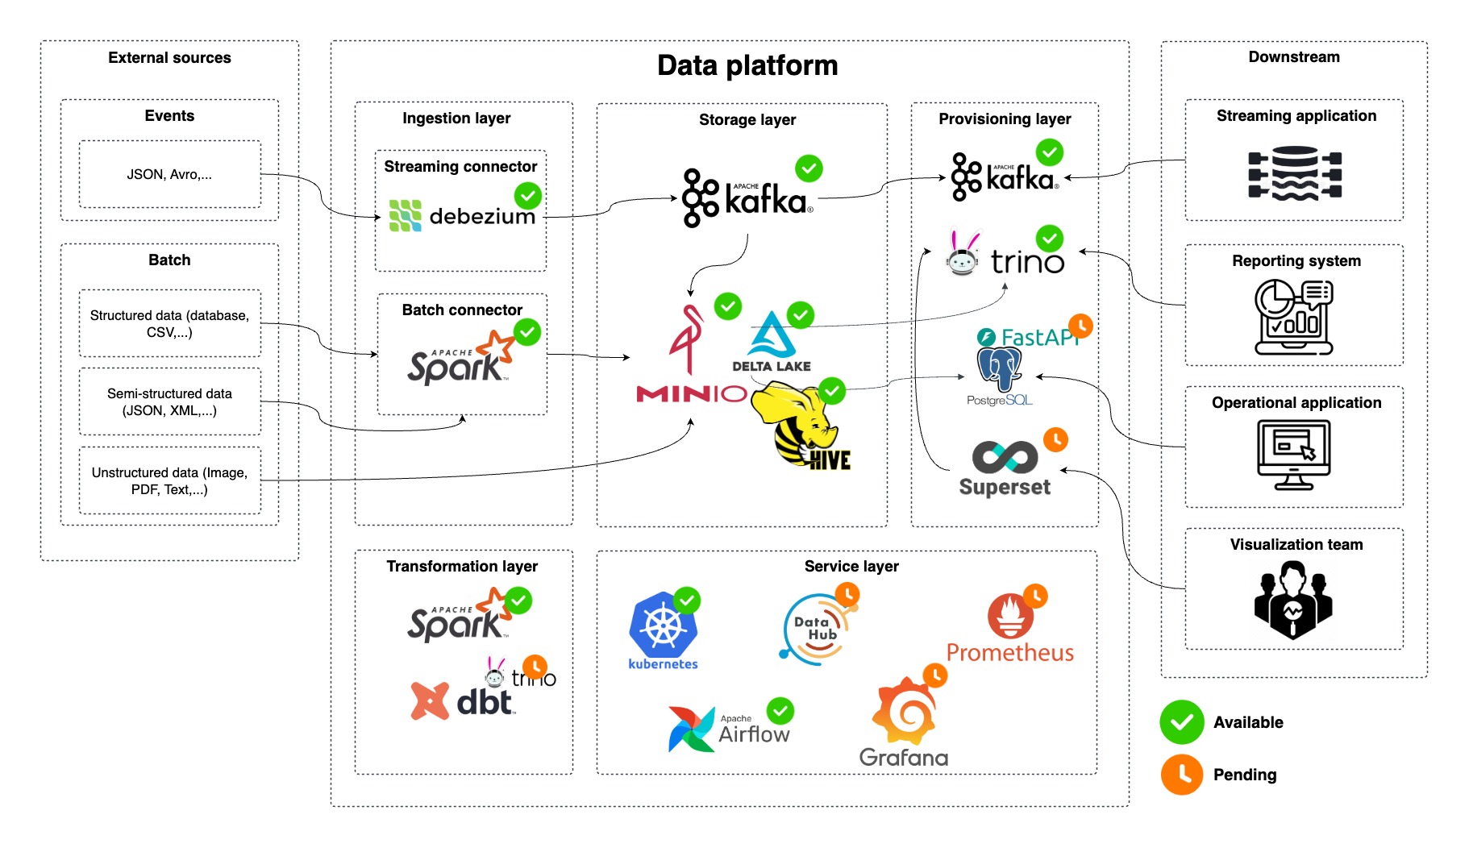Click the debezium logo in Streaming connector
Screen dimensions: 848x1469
406,215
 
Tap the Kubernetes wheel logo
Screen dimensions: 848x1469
663,626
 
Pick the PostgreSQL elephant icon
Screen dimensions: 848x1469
999,369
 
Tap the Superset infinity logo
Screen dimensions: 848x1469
1005,457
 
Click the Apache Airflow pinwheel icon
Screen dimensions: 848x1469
691,729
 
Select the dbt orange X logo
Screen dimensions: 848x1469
430,700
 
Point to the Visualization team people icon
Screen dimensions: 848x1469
1293,601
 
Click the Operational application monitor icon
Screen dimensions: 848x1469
1294,455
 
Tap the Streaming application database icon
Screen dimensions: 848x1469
1295,173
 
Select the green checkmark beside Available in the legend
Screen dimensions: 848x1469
1181,722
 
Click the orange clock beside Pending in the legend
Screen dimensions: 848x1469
1181,775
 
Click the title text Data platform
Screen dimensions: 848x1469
747,65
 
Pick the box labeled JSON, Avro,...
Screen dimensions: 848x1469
170,174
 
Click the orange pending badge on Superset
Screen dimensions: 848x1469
1055,439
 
